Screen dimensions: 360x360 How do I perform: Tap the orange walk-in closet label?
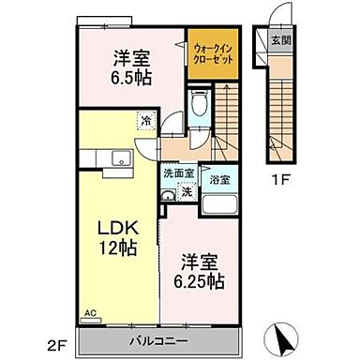tap(212, 52)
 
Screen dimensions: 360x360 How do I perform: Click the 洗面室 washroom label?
tap(178, 173)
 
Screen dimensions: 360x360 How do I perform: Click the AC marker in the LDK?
tap(91, 314)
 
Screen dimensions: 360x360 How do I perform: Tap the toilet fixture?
tap(199, 105)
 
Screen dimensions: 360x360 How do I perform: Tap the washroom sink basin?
tap(168, 195)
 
